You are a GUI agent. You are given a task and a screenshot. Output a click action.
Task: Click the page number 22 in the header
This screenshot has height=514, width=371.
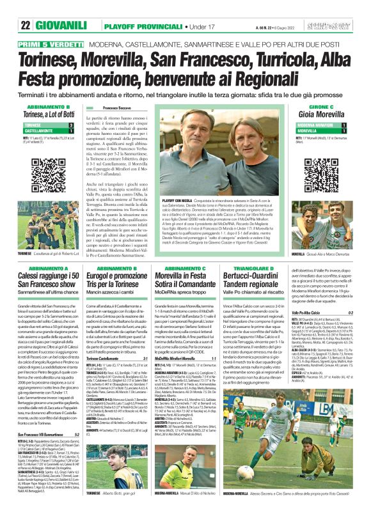click(26, 8)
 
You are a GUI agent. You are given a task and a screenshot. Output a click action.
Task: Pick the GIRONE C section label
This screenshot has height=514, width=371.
click(335, 106)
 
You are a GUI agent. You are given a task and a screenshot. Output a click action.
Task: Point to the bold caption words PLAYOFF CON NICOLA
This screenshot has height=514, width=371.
click(180, 200)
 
